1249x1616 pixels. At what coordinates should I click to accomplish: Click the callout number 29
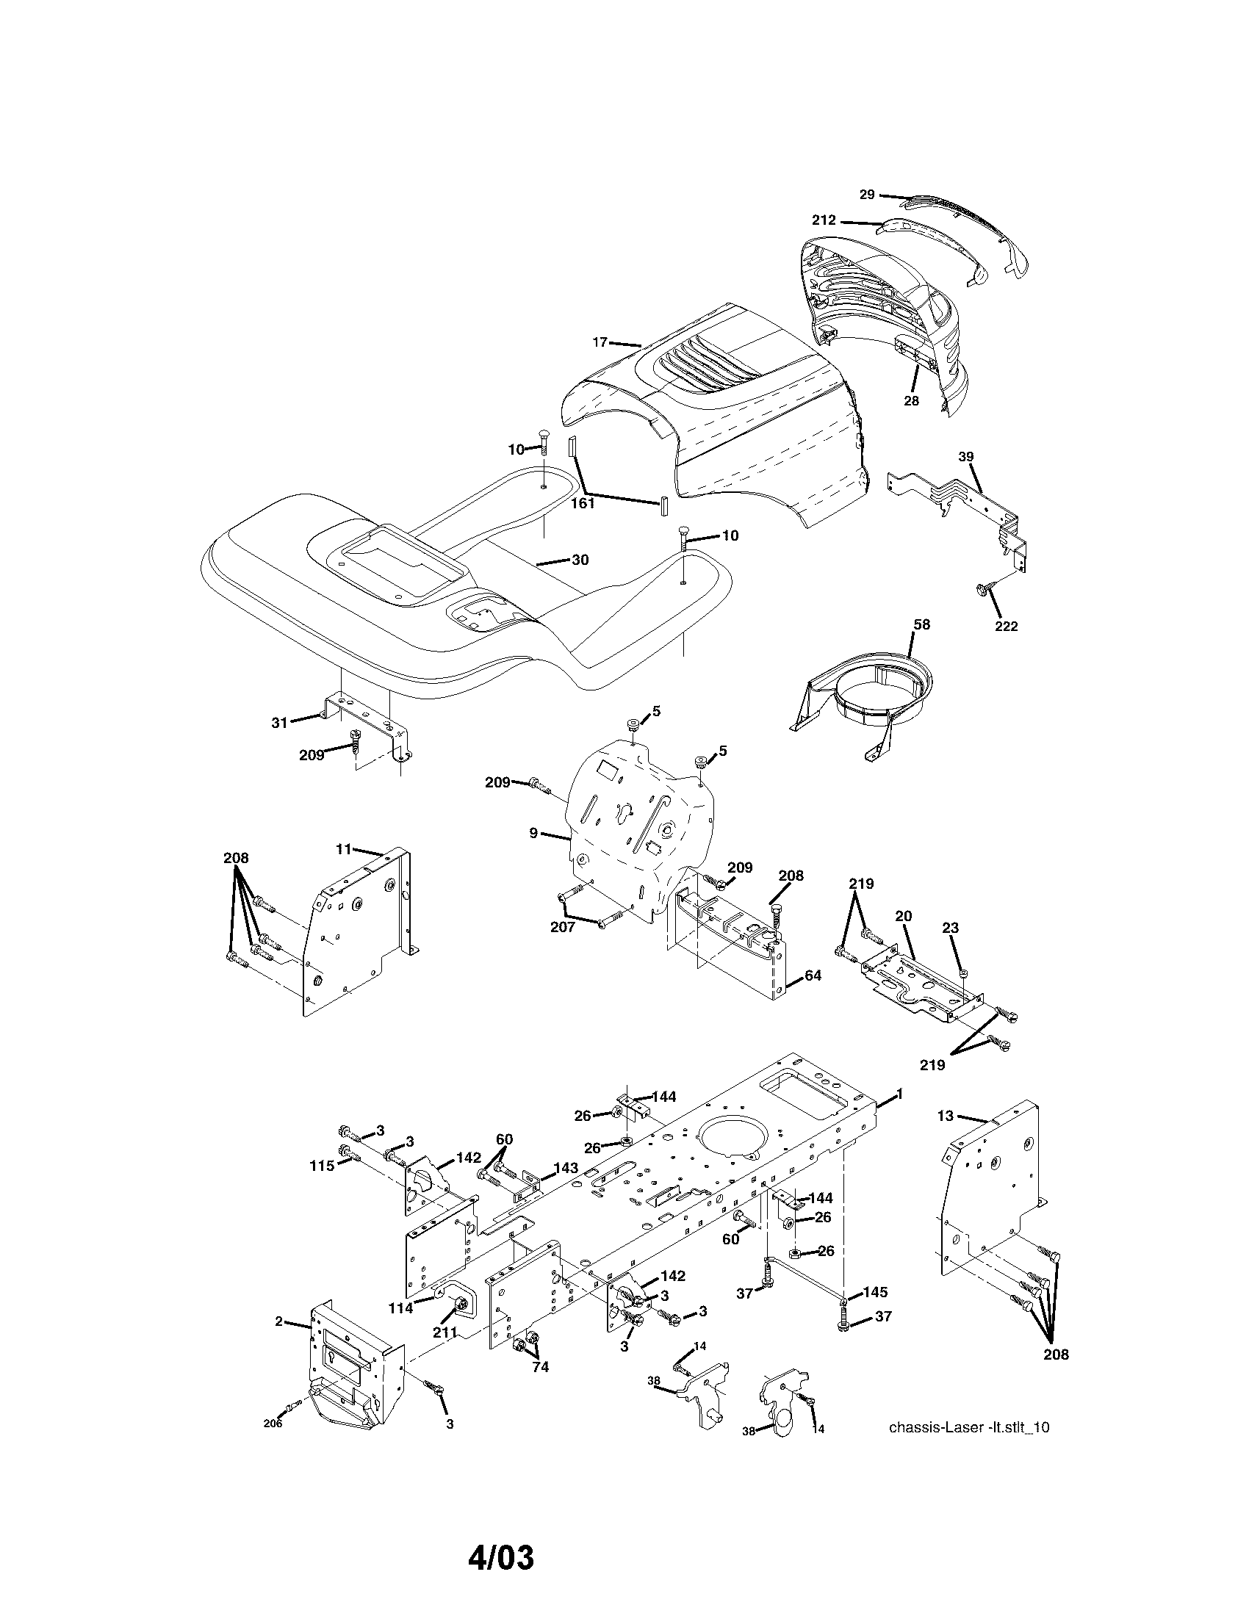[867, 195]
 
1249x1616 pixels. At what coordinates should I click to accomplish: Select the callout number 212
[824, 220]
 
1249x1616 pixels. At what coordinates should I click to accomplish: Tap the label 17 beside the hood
[600, 342]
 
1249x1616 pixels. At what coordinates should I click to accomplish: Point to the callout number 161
[583, 504]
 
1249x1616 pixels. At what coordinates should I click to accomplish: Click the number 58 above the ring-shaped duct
[921, 624]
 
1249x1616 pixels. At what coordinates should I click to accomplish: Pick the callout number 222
[1006, 627]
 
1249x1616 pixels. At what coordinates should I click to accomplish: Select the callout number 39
[966, 457]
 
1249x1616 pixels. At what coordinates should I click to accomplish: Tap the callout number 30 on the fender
[580, 560]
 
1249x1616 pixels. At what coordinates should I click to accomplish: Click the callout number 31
[279, 723]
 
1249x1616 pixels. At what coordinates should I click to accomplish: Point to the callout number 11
[343, 849]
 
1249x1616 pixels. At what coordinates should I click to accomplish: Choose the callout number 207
[562, 927]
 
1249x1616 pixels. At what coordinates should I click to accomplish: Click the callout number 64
[813, 976]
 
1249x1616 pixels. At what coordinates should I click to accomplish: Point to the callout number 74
[541, 1368]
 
